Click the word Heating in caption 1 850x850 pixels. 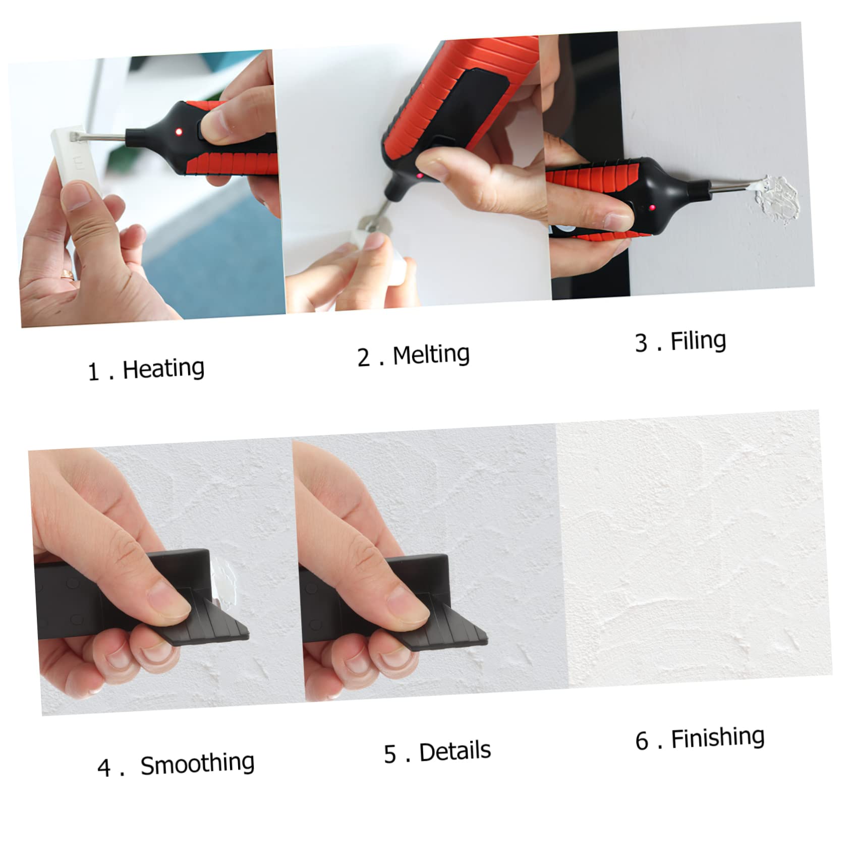coord(163,369)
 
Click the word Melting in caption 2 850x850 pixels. coord(431,355)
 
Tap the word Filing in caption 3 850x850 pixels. coord(698,341)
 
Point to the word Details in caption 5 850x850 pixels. coord(455,752)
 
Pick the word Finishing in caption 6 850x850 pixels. coord(717,739)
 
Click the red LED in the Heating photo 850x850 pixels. coord(179,132)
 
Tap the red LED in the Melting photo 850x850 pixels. coord(419,176)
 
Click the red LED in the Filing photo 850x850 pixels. coord(652,208)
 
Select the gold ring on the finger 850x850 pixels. coord(66,274)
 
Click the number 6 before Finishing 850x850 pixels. coord(642,742)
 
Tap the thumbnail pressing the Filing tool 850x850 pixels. coord(616,220)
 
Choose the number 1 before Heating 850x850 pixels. coord(93,372)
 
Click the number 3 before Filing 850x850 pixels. coord(641,343)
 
